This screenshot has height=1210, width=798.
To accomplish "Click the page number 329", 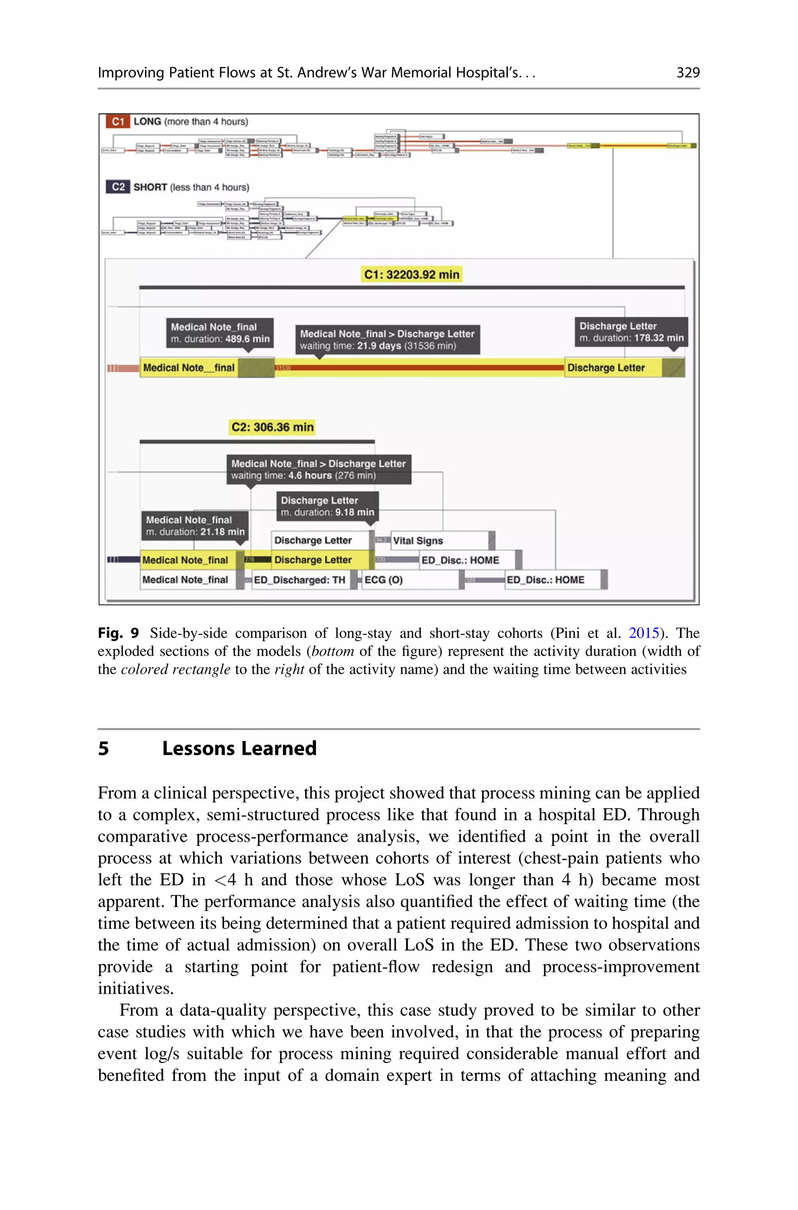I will point(688,73).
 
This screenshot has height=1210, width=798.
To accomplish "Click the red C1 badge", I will point(118,122).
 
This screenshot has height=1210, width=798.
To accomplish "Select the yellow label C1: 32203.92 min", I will point(411,274).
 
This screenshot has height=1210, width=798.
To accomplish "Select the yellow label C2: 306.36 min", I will point(272,427).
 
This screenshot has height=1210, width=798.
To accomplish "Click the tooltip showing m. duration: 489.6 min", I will point(220,333).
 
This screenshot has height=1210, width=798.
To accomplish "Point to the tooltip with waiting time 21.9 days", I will point(387,339).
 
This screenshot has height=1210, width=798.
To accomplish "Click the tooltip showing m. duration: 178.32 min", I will point(631,332).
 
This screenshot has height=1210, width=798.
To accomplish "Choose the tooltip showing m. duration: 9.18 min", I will point(327,506).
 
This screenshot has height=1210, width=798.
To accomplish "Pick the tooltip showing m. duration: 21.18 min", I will point(195,526).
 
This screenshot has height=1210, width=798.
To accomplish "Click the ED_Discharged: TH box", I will point(300,579).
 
